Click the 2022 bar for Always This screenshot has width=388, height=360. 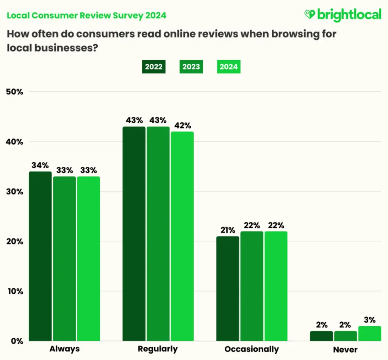point(40,256)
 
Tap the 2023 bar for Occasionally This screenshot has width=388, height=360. point(252,286)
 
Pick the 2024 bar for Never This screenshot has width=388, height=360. point(369,333)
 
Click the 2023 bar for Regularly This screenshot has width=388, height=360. point(158,233)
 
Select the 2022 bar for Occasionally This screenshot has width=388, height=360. point(228,288)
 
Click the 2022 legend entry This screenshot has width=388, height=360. point(153,67)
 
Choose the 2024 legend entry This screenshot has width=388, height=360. point(228,67)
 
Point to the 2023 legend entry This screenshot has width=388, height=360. point(191,67)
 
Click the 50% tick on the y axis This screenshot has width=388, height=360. point(15,92)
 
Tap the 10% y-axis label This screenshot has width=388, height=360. point(15,291)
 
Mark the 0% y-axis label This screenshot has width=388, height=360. point(17,341)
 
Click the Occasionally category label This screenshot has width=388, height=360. point(252,349)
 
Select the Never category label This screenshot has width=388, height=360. point(345,350)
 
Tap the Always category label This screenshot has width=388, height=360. point(64,349)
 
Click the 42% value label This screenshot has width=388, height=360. point(182,125)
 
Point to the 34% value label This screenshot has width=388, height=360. point(40,166)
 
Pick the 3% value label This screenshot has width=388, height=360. point(370,319)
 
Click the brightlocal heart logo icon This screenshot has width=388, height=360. point(310,15)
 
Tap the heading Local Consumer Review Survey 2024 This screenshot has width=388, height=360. point(87,16)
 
